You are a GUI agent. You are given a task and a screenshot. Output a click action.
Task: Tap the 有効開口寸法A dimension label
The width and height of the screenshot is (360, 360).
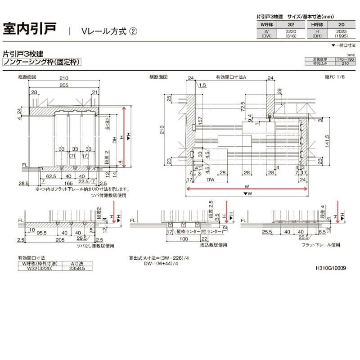[231, 77]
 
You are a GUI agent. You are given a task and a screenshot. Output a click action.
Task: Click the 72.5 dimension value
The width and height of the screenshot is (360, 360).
[243, 107]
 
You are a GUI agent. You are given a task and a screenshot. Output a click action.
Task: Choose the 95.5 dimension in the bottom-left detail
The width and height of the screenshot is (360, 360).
[43, 233]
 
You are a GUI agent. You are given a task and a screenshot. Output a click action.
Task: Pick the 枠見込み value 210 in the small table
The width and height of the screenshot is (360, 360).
[346, 63]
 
